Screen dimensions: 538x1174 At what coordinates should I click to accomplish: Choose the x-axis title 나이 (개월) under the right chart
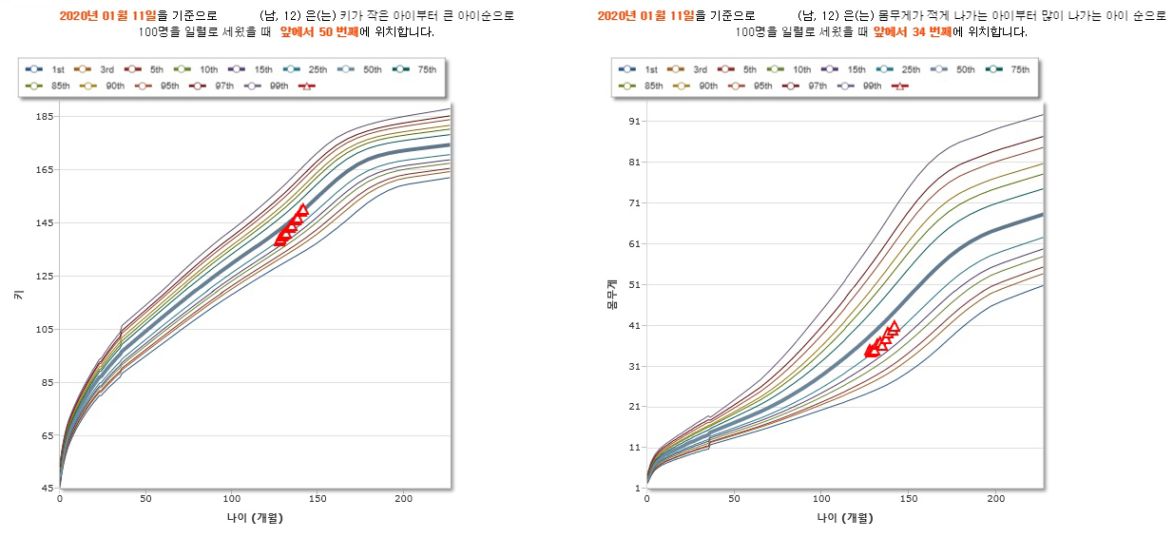(x=843, y=518)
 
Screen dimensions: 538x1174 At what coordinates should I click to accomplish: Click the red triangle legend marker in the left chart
(x=306, y=86)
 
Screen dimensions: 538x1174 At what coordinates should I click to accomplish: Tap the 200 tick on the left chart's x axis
(x=403, y=498)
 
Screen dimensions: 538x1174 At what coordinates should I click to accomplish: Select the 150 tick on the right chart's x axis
(x=908, y=498)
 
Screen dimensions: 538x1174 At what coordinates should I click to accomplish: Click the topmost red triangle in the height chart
(x=303, y=209)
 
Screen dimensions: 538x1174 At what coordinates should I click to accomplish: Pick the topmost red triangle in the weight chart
(x=894, y=326)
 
